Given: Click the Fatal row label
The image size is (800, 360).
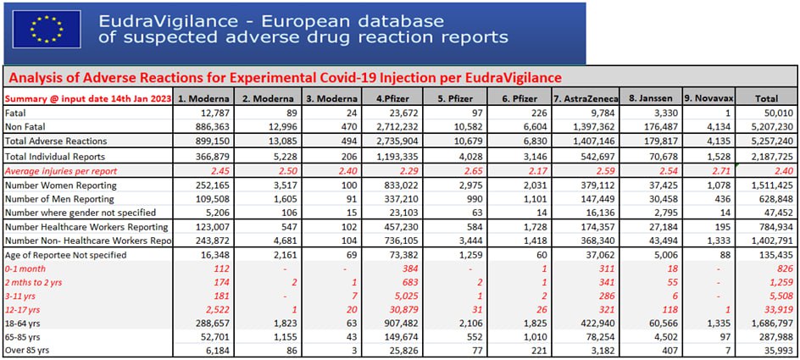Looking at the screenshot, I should coord(16,113).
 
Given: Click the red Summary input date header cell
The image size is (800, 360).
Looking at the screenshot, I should coord(88,98).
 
